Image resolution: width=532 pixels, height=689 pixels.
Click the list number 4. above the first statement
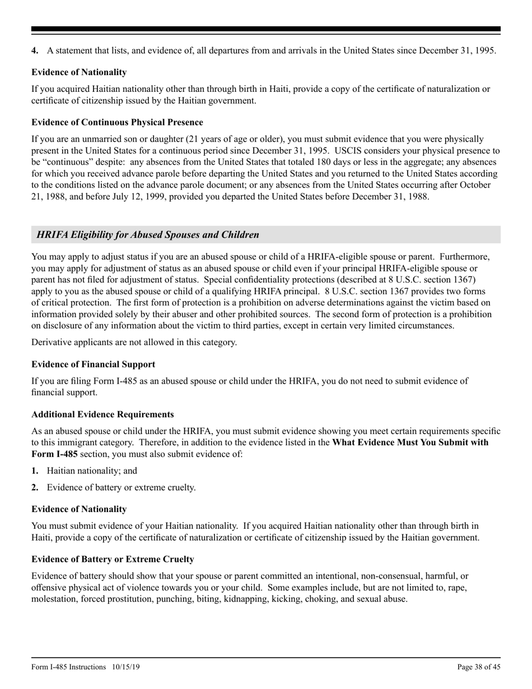[35, 51]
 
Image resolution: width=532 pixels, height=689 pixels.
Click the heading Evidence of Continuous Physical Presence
[117, 122]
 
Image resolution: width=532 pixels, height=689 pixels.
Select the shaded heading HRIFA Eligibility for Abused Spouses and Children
[148, 235]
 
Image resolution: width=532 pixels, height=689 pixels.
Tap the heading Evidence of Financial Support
[94, 364]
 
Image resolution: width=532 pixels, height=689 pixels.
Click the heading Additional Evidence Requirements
[102, 415]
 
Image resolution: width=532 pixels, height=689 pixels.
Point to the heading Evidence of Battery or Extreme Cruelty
[113, 559]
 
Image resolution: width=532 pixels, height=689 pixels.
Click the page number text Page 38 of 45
[479, 667]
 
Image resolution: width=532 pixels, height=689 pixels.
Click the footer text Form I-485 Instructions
[69, 667]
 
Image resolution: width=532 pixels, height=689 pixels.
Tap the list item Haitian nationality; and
[92, 471]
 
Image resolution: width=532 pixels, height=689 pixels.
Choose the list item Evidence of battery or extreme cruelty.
[122, 487]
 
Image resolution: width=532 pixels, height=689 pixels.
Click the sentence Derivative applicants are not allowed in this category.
[134, 342]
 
